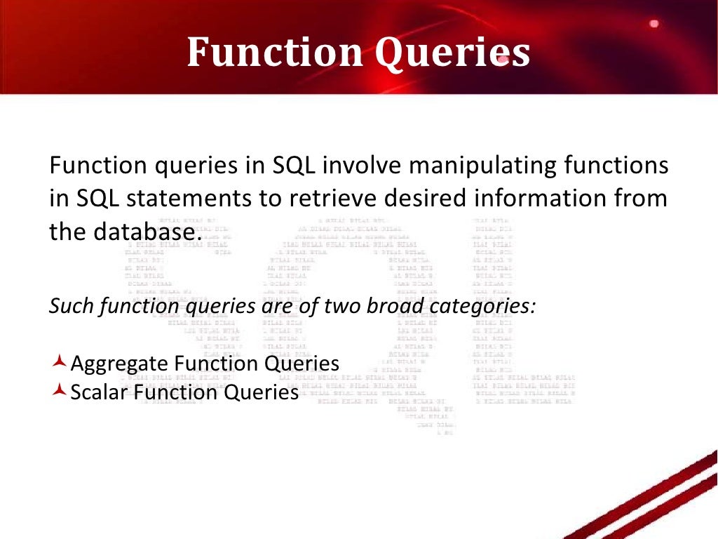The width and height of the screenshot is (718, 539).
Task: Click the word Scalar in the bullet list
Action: [x=97, y=392]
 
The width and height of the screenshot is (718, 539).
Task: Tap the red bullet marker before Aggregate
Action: [x=60, y=362]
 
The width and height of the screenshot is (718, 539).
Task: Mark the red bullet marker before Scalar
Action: [x=60, y=391]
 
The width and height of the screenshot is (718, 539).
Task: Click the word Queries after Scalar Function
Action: [x=262, y=392]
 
